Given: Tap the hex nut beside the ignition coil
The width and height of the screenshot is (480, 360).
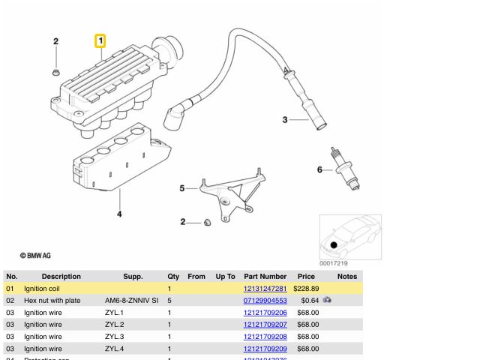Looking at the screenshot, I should tap(56, 73).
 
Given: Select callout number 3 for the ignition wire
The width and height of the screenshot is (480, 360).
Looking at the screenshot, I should tap(284, 120).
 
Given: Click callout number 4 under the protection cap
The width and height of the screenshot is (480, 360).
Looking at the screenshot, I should tap(119, 215).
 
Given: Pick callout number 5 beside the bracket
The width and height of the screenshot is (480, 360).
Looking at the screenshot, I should tap(181, 188).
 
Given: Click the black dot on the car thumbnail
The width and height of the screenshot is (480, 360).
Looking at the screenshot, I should tap(334, 245).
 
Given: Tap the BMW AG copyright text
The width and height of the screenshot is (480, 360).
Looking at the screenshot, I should tap(35, 256).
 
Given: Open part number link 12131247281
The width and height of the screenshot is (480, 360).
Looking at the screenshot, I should tap(265, 289).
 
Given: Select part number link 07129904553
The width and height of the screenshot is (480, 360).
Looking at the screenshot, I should tap(265, 301).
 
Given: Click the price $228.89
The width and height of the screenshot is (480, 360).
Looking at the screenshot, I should tap(307, 289).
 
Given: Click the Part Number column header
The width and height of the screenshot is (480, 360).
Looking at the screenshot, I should tap(265, 277).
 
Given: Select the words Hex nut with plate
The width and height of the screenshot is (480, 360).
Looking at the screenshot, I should tap(52, 301).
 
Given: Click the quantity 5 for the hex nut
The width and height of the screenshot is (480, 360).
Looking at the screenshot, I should tap(169, 301).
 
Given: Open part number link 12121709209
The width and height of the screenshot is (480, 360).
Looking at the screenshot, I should tap(265, 349).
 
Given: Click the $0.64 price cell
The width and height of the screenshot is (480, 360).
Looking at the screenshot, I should tap(310, 301).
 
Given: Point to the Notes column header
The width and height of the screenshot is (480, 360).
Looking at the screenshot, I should tap(347, 277).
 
